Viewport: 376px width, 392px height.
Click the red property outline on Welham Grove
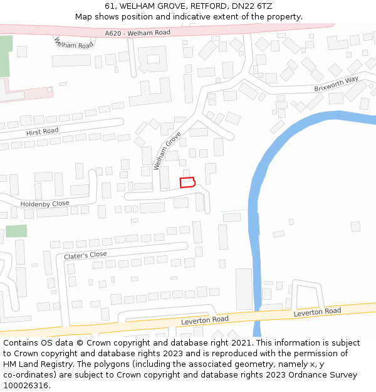(x=187, y=182)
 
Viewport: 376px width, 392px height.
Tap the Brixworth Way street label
(x=336, y=83)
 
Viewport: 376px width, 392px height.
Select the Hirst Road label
(x=42, y=131)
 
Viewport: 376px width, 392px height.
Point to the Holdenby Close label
(x=44, y=204)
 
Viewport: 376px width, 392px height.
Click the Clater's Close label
(x=85, y=255)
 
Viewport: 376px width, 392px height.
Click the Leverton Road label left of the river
(x=204, y=320)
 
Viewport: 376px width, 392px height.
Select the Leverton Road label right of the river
(x=317, y=311)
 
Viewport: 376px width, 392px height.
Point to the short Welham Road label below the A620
(x=74, y=43)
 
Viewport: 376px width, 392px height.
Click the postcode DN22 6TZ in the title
(x=253, y=6)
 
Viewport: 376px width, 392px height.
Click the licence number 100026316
(x=27, y=386)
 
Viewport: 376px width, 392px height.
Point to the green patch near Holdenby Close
(x=16, y=231)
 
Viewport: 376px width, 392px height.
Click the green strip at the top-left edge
(x=6, y=56)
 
